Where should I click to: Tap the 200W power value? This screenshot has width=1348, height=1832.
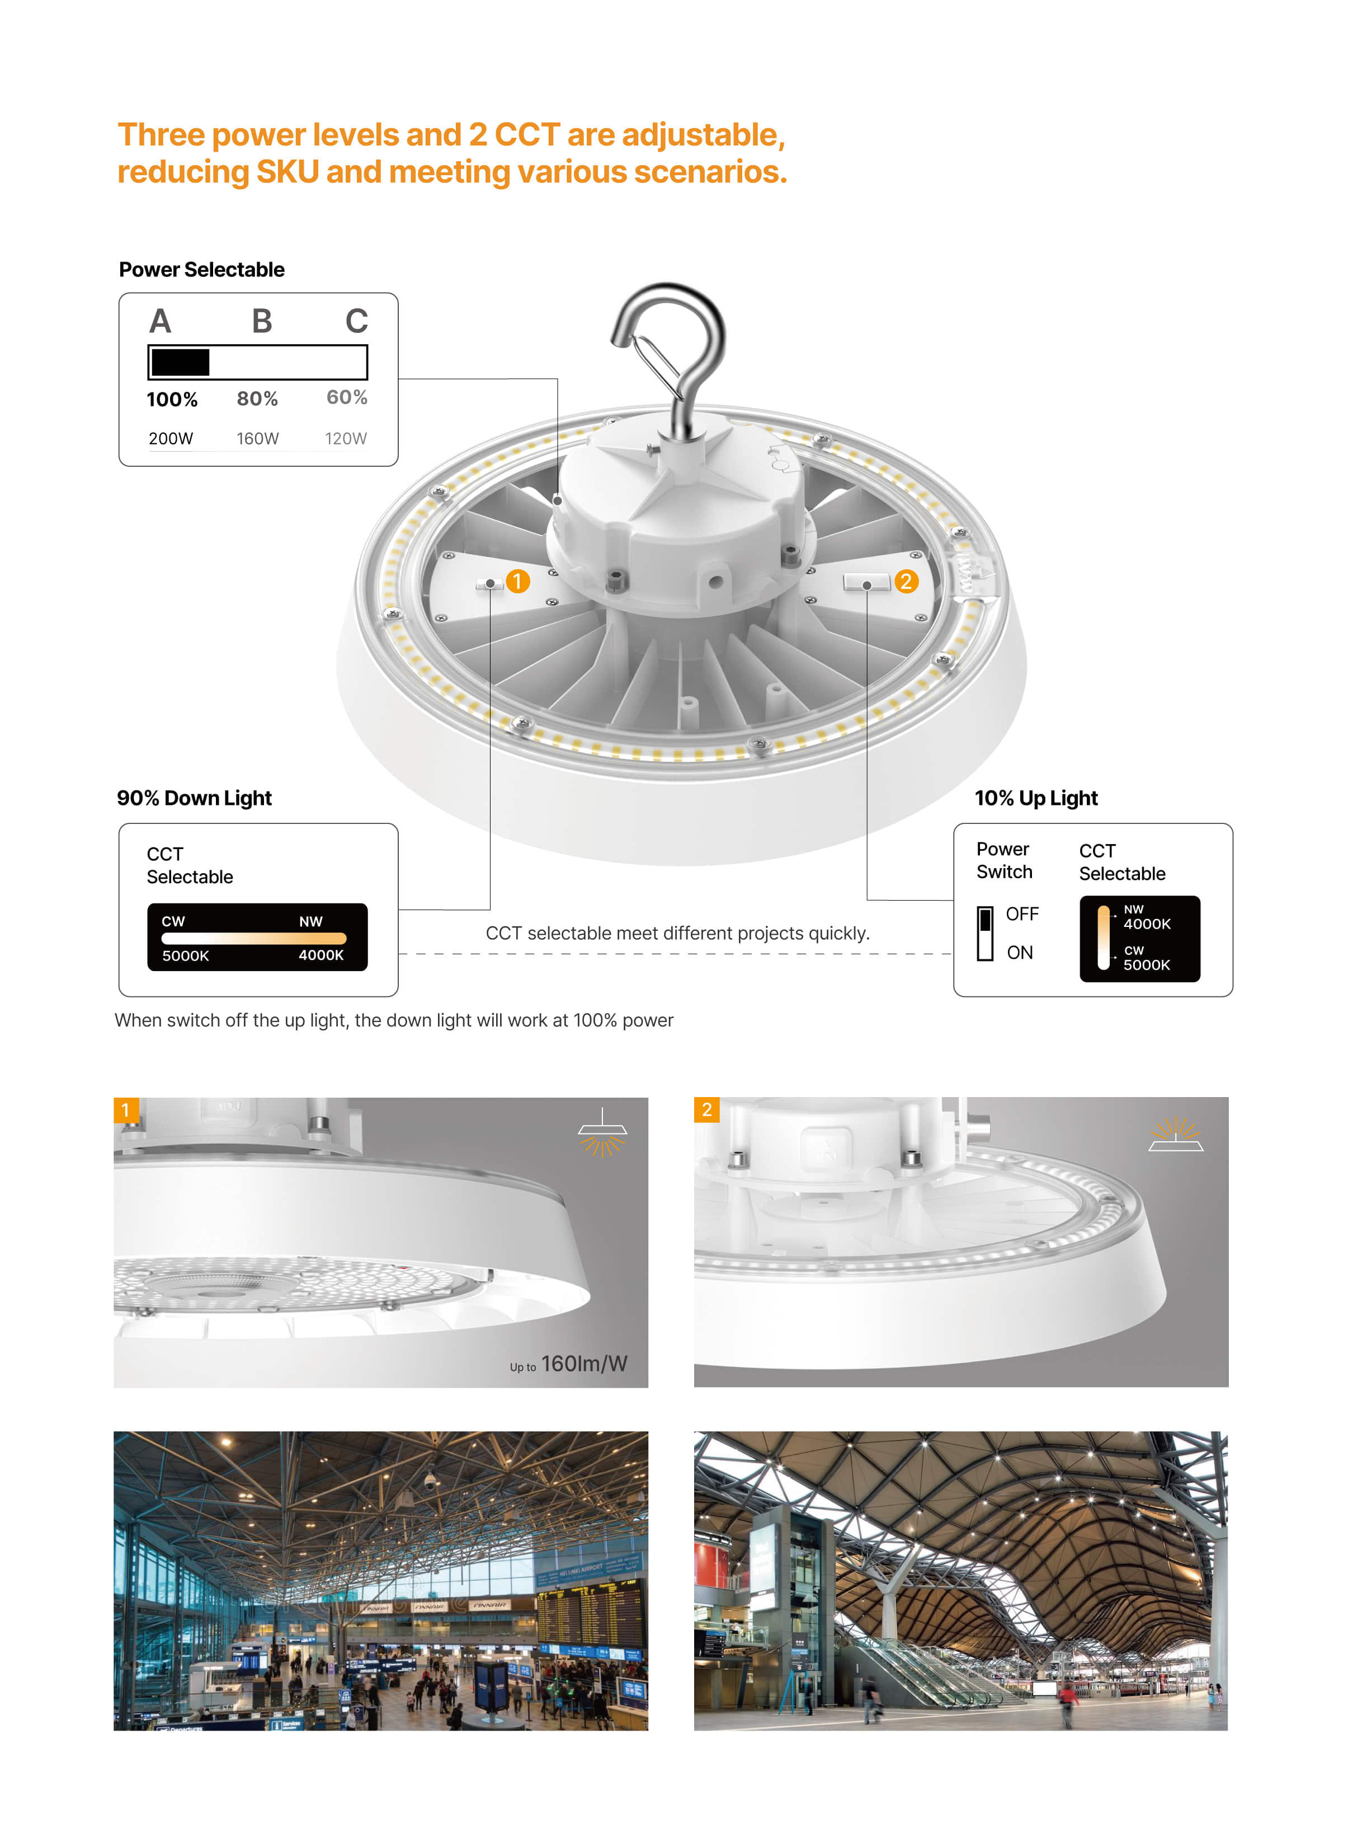(171, 438)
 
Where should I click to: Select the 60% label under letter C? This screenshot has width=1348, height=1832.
(347, 397)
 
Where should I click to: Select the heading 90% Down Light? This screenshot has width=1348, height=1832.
(194, 798)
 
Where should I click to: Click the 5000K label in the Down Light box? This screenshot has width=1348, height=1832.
(185, 955)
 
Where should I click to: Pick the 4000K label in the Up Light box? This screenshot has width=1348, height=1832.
(1147, 924)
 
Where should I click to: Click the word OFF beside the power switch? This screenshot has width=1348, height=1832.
(1021, 913)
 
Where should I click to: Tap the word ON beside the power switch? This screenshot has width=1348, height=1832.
(1019, 952)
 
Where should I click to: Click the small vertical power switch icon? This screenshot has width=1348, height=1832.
(985, 933)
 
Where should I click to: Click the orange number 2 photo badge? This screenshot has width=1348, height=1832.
(706, 1109)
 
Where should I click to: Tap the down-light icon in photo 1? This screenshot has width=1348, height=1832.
(602, 1133)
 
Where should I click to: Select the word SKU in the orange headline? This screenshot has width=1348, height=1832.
(287, 172)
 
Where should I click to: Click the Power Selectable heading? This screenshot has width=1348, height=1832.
(201, 269)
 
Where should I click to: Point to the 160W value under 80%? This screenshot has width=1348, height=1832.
(258, 438)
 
